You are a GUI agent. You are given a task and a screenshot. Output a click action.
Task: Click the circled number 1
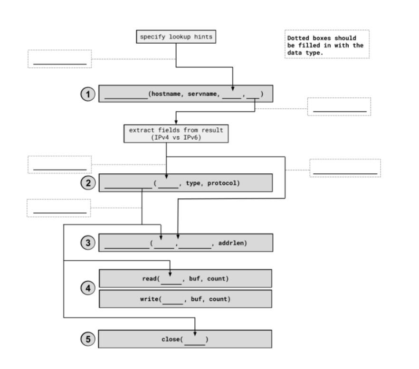[x=87, y=94]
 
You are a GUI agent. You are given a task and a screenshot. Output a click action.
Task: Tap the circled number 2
[x=87, y=183]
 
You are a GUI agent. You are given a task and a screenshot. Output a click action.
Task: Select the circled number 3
[x=87, y=243]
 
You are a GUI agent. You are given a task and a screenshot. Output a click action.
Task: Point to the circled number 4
[x=87, y=288]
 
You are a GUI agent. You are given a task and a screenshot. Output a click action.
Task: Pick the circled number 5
[x=87, y=339]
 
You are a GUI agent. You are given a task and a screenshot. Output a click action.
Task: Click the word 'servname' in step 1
[x=203, y=94]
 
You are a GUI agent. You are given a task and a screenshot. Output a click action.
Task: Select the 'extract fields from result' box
[x=176, y=133]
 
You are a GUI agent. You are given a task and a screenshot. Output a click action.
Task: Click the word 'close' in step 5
[x=171, y=340]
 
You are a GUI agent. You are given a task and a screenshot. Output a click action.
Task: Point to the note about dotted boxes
[x=326, y=45]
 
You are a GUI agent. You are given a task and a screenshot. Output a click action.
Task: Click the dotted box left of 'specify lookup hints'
[x=59, y=59]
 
